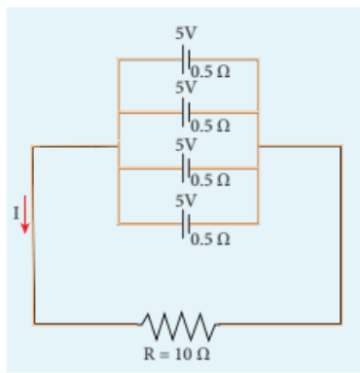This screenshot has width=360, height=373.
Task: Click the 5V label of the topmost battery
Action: coord(186,33)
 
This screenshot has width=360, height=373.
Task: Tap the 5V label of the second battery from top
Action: coord(186,88)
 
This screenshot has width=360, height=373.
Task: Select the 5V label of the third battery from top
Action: coord(186,144)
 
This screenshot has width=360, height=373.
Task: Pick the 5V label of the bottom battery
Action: coord(186,201)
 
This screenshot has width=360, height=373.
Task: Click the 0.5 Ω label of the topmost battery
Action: coord(210,72)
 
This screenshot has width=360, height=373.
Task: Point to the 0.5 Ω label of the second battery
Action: coord(210,126)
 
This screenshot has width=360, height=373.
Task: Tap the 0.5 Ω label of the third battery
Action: coord(210,180)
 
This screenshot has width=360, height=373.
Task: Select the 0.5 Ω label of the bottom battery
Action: coord(210,240)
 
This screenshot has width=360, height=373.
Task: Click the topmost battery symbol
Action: coord(186,59)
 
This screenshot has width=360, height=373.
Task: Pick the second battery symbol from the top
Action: coord(186,113)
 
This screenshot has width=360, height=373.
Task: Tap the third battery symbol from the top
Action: coord(186,168)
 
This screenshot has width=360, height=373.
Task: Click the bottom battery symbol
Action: coord(186,224)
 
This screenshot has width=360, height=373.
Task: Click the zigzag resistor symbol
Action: coord(178,324)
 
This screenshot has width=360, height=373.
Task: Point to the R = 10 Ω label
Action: coord(177,354)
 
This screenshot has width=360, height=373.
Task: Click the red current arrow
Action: coord(25,214)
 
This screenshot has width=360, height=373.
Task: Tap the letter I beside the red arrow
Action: coord(16,213)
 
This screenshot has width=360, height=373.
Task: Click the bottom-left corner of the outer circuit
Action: coord(34,324)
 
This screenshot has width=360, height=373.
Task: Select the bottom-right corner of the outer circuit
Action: coord(341,324)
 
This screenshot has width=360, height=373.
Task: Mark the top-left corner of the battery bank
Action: coord(119,59)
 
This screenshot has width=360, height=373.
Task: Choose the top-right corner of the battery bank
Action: coord(258,59)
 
